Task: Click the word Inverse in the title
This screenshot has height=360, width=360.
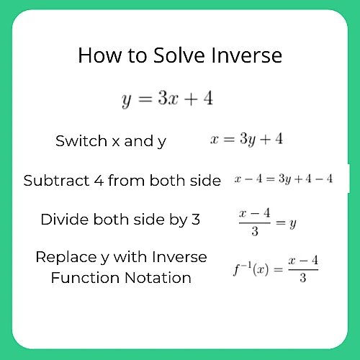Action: click(x=246, y=55)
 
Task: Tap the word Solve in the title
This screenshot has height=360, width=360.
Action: click(x=179, y=55)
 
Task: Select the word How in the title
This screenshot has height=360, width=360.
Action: click(x=99, y=55)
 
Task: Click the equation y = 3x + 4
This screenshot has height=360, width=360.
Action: click(x=167, y=99)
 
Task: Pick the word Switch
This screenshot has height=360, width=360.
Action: click(x=81, y=140)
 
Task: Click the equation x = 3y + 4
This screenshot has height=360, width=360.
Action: click(x=246, y=139)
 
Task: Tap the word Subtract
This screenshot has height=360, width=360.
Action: click(x=56, y=181)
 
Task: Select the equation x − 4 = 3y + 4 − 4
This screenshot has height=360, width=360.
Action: click(x=284, y=179)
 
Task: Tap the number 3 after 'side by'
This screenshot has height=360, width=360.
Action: click(x=196, y=220)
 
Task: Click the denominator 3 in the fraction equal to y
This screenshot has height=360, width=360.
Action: click(x=255, y=231)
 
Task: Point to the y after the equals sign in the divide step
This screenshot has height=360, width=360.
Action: click(x=293, y=224)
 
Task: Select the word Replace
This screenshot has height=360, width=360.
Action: click(x=66, y=257)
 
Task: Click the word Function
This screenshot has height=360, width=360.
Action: click(x=85, y=278)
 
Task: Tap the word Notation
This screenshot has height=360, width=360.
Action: click(x=158, y=278)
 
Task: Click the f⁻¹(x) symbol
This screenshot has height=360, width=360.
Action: click(x=251, y=269)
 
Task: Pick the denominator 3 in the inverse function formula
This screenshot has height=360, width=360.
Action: click(x=303, y=278)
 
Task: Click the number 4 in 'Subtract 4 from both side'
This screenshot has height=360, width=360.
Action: click(x=99, y=181)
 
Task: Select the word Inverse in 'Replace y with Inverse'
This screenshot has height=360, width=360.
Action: click(x=179, y=257)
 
